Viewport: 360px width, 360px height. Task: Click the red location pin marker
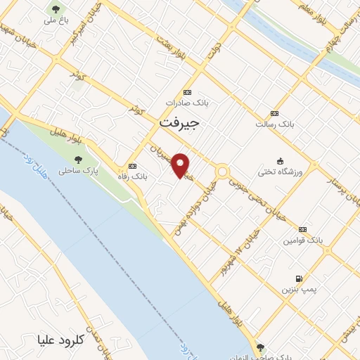pos(181,165)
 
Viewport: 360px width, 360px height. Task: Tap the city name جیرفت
pos(179,122)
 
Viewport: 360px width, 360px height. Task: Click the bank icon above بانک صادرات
pos(187,92)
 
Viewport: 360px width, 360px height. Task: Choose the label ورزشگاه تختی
pos(281,172)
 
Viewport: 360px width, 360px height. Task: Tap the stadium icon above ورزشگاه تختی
pos(281,161)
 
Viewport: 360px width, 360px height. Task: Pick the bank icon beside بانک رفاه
pos(131,167)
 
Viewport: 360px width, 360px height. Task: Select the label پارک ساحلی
pos(78,171)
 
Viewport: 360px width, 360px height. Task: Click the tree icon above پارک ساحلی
pos(78,160)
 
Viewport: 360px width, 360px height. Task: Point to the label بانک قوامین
pos(303,240)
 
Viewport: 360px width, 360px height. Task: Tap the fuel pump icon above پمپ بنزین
pos(300,278)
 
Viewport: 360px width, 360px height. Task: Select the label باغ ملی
pos(56,20)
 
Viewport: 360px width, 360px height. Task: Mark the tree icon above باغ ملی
pos(56,9)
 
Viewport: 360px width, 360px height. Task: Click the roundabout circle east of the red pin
pos(222,171)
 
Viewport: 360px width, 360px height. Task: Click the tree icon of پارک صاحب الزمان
pos(261,347)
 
